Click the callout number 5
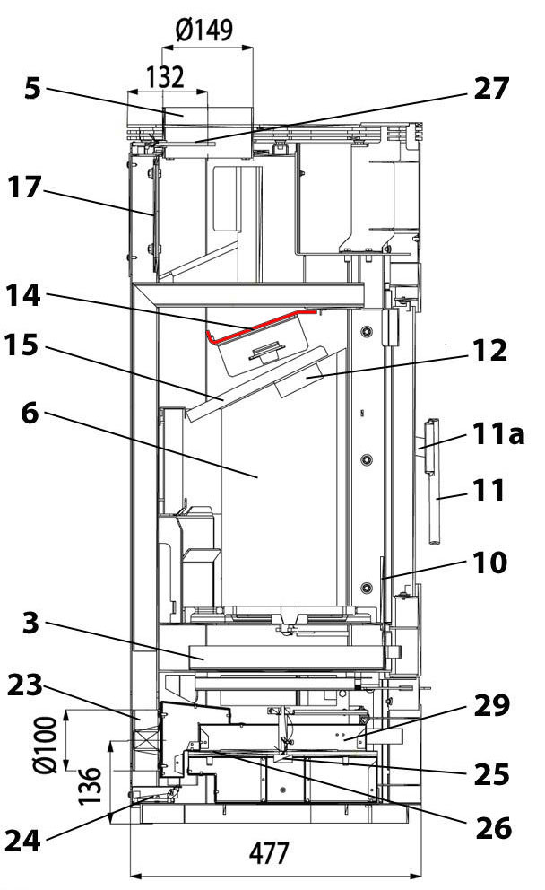pyautogui.click(x=32, y=92)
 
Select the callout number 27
pyautogui.click(x=489, y=89)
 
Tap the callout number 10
pyautogui.click(x=489, y=563)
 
